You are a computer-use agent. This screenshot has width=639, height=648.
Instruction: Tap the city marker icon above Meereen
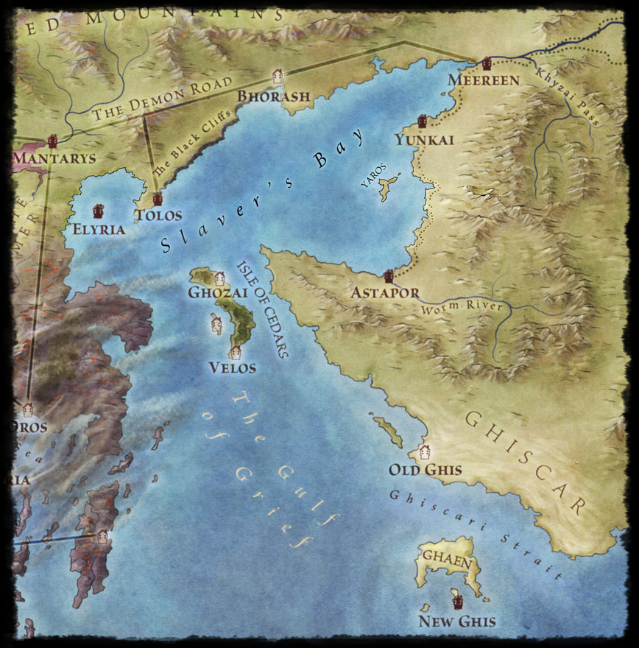[486, 64]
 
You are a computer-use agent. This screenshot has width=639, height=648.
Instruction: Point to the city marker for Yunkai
[423, 121]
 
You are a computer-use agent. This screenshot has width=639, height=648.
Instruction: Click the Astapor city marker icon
[389, 275]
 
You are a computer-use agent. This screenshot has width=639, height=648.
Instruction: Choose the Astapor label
[385, 292]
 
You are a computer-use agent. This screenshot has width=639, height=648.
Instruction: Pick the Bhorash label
[274, 96]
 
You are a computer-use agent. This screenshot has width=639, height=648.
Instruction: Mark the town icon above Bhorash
[278, 75]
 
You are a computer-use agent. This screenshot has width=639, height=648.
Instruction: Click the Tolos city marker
[157, 198]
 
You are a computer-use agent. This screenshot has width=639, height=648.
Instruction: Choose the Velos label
[232, 367]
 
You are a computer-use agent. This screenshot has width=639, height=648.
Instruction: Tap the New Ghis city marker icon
[458, 602]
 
